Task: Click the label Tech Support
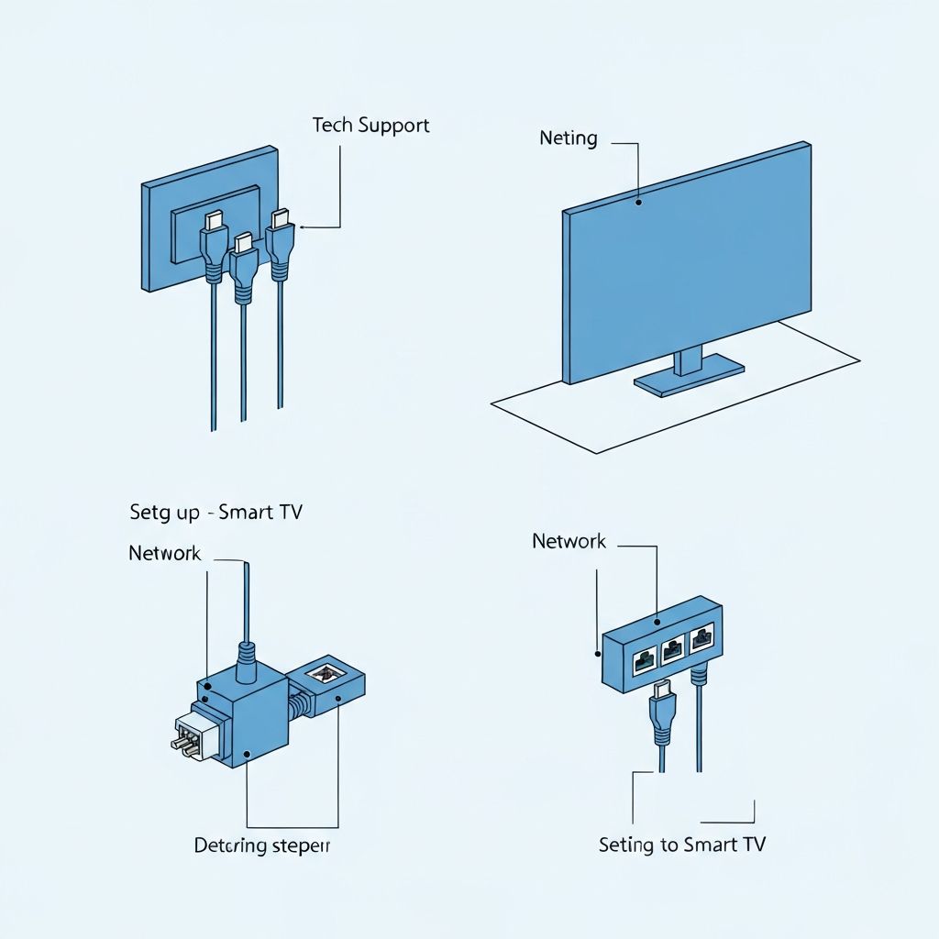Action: (370, 125)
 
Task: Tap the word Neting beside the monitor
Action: (569, 138)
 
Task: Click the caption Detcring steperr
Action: (261, 845)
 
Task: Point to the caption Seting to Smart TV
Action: (681, 845)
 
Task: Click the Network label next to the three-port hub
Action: (569, 541)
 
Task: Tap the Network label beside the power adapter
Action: (165, 553)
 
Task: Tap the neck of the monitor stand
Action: (688, 360)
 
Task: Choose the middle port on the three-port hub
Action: (672, 649)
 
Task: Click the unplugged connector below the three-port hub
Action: (662, 712)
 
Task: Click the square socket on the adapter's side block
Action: (324, 674)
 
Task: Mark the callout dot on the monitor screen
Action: (640, 196)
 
